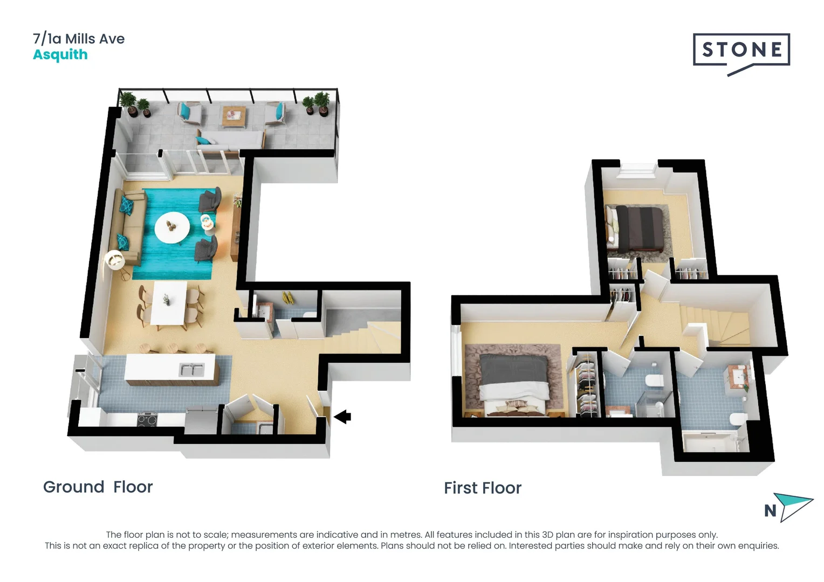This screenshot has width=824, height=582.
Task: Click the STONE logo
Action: (741, 51)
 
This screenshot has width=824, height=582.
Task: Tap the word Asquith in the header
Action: (60, 55)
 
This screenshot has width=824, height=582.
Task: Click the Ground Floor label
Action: (98, 487)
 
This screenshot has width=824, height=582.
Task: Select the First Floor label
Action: (482, 488)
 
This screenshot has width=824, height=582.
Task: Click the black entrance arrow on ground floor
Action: (342, 417)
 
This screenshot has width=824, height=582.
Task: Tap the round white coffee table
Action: (172, 227)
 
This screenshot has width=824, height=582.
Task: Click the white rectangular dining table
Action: (169, 303)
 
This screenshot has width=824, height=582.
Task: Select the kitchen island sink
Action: (191, 370)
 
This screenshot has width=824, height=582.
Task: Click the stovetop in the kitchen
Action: (147, 419)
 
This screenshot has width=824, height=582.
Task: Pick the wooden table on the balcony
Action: (234, 115)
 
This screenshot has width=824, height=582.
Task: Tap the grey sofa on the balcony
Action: (231, 141)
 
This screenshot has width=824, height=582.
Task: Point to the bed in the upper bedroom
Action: (638, 230)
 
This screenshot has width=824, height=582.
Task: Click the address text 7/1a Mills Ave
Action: (79, 39)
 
